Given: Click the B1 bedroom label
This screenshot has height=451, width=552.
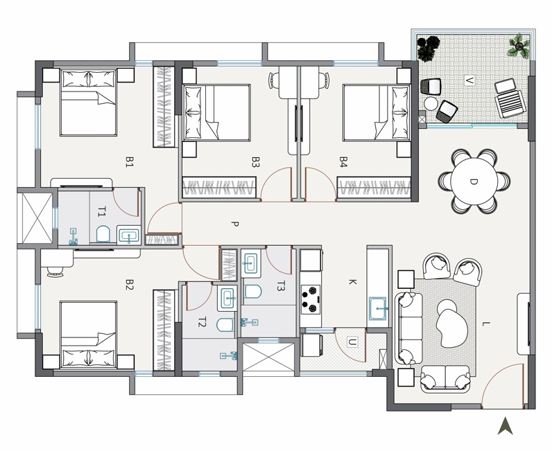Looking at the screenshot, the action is tap(130, 162).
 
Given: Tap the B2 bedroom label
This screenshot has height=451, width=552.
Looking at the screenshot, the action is tap(130, 285).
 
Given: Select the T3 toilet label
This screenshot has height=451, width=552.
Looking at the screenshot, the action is tap(280, 286).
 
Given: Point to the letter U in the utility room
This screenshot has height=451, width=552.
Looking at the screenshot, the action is tap(352, 342).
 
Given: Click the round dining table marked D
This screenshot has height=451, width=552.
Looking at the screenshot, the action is tap(474, 182).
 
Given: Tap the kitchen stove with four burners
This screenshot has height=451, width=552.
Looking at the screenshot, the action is tap(311, 299).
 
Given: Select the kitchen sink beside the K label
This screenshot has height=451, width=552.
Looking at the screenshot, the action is tap(377, 308).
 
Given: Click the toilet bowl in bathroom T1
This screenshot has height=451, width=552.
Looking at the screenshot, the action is tap(103, 233).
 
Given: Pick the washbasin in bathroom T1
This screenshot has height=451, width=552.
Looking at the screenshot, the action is tap(129, 236).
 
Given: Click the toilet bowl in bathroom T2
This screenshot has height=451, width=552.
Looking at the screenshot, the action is tap(225, 325).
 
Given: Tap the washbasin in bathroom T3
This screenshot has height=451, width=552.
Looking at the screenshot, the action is tap(250, 263).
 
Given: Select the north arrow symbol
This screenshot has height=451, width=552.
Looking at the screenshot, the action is tap(505, 426).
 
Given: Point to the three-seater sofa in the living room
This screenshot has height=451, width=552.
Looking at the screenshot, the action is tap(409, 328).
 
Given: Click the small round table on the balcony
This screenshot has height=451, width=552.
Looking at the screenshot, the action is tap(431, 103).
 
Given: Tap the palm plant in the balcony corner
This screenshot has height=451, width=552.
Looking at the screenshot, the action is tap(519, 46).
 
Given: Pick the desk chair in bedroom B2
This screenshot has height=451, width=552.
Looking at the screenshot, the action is tap(55, 272).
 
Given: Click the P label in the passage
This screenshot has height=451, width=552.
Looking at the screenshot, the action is tap(235, 224).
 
